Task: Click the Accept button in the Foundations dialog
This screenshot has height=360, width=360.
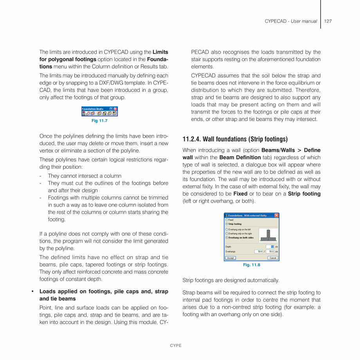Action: click(230, 258)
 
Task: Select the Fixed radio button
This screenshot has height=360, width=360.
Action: click(227, 220)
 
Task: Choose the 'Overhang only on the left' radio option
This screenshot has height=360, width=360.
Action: click(227, 229)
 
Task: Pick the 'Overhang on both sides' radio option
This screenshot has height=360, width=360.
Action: click(227, 238)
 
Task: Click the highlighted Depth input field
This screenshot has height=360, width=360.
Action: click(270, 247)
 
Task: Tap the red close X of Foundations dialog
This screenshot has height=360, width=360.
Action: click(276, 216)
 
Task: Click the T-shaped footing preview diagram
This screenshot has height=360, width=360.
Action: click(268, 235)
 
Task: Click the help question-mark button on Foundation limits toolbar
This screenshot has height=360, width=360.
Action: click(111, 109)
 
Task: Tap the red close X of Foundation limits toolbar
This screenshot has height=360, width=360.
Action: click(115, 109)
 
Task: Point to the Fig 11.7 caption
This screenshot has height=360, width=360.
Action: click(99, 121)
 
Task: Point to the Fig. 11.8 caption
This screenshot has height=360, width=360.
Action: click(252, 265)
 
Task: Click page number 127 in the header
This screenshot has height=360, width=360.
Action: click(328, 21)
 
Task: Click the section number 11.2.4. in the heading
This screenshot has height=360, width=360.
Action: click(192, 139)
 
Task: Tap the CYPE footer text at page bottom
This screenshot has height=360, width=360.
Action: click(176, 346)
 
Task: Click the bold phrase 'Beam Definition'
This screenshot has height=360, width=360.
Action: click(239, 157)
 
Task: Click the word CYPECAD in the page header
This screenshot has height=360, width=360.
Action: click(276, 21)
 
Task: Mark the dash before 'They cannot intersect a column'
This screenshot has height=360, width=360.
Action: click(41, 176)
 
